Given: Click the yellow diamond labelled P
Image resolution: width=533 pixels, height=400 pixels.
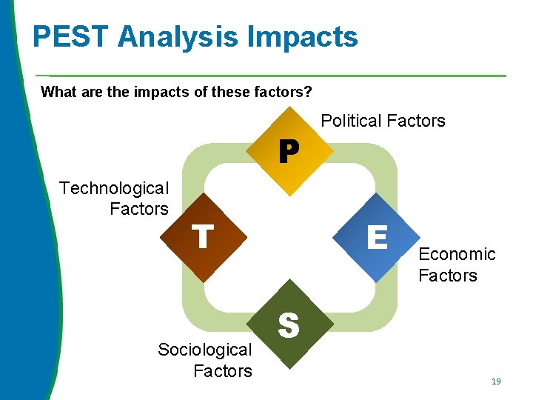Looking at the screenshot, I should click(x=289, y=152).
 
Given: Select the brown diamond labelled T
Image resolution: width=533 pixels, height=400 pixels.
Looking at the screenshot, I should click(x=204, y=238).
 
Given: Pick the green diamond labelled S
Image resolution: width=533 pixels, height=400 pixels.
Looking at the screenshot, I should click(x=289, y=324).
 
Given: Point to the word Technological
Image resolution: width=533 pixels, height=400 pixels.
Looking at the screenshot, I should click(x=114, y=188).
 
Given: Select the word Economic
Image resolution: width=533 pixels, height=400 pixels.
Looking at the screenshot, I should click(x=457, y=254).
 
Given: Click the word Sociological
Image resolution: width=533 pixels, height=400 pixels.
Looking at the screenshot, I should click(x=205, y=350).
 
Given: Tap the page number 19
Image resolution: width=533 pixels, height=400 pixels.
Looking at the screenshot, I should click(x=496, y=381).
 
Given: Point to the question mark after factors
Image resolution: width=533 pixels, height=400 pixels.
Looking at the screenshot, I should click(x=308, y=93).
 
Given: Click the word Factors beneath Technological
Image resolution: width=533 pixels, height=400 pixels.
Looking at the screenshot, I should click(x=139, y=209).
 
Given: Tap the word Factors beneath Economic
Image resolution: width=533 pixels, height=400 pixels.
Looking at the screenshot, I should click(x=448, y=276).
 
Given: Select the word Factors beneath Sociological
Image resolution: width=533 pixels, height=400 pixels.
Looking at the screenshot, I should click(x=223, y=370).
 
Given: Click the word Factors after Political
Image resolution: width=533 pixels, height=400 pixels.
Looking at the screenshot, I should click(x=418, y=121).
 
